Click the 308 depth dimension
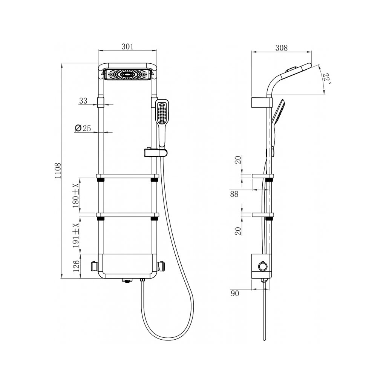pyautogui.click(x=281, y=48)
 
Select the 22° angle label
pyautogui.click(x=326, y=78)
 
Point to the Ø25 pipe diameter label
pyautogui.click(x=83, y=128)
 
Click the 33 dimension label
pyautogui.click(x=83, y=101)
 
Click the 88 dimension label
pyautogui.click(x=234, y=194)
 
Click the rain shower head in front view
pyautogui.click(x=127, y=75)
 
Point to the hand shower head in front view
pyautogui.click(x=162, y=113)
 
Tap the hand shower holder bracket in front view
pyautogui.click(x=155, y=152)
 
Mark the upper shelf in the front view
pyautogui.click(x=127, y=176)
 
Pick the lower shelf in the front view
pyautogui.click(x=127, y=215)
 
